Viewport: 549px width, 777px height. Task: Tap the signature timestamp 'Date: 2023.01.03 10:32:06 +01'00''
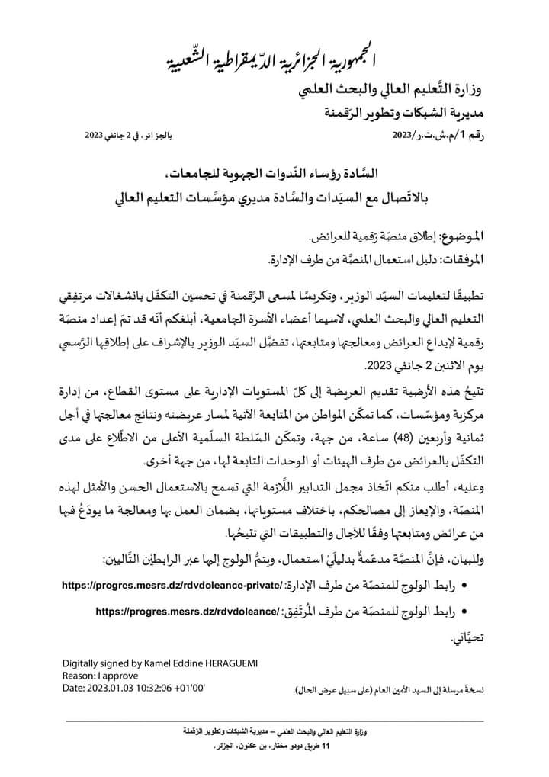(x=135, y=688)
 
